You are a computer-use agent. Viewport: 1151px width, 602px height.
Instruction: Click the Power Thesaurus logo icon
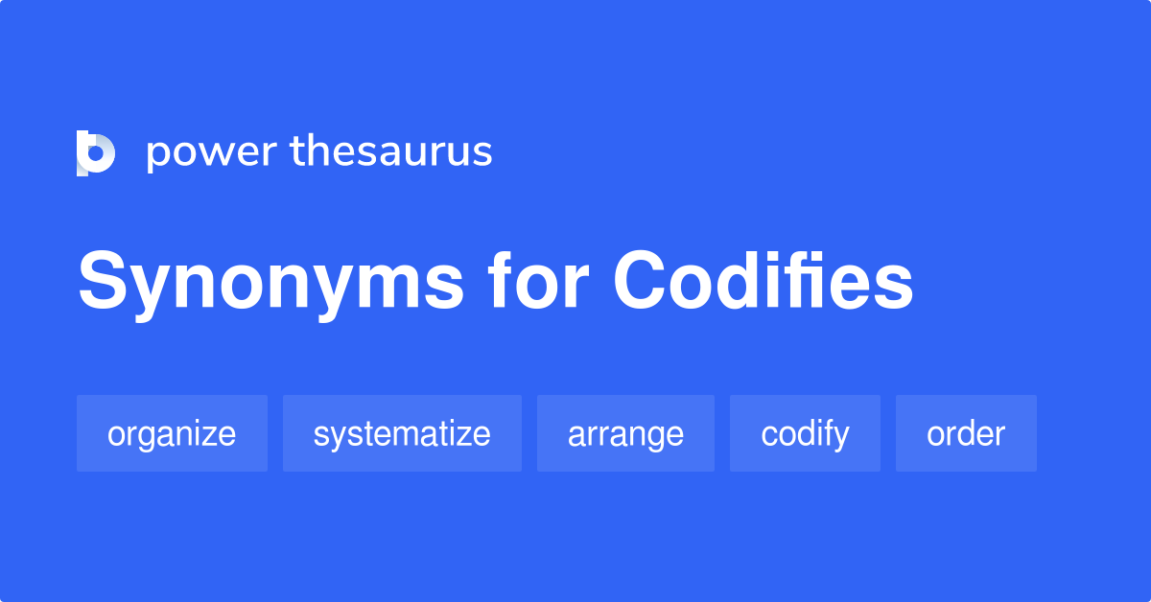[96, 153]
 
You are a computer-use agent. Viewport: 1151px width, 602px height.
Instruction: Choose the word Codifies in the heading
[763, 282]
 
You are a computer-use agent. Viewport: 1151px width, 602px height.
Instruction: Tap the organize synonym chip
[172, 433]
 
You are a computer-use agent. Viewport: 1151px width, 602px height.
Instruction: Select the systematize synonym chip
[402, 433]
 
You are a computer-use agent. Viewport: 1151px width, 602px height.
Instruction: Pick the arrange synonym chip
[625, 433]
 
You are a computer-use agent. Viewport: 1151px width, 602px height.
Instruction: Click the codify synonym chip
[805, 433]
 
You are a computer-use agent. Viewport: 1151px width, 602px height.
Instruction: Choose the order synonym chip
[966, 433]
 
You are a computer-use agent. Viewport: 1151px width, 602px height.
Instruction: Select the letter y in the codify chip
[840, 437]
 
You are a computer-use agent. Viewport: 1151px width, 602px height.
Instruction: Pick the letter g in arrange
[655, 437]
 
